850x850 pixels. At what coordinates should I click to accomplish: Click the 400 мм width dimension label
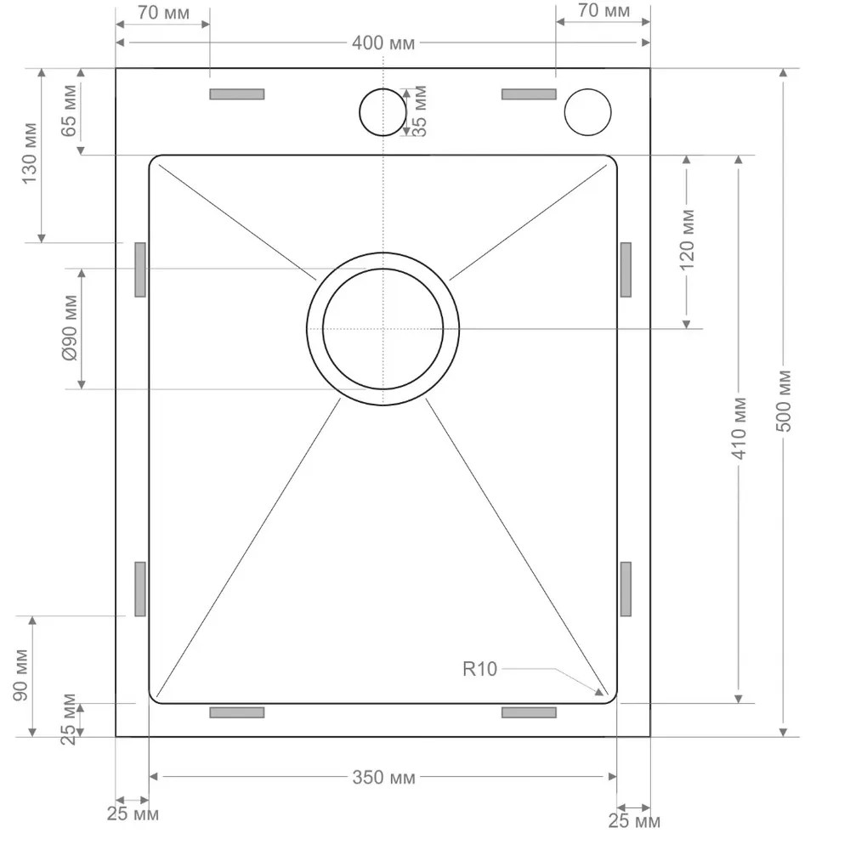click(383, 42)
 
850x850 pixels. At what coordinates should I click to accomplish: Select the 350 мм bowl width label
click(384, 778)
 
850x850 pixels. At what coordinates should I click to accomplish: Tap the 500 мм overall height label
click(784, 401)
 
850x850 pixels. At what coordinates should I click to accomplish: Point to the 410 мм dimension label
click(739, 428)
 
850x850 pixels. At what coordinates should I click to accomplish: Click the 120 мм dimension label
click(687, 240)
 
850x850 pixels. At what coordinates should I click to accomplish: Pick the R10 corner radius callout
click(479, 669)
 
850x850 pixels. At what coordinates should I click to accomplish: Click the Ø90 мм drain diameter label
click(70, 328)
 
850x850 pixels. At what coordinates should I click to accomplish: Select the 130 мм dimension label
click(29, 153)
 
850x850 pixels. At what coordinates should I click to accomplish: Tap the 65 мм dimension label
click(69, 111)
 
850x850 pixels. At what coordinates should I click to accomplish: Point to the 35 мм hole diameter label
click(420, 111)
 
